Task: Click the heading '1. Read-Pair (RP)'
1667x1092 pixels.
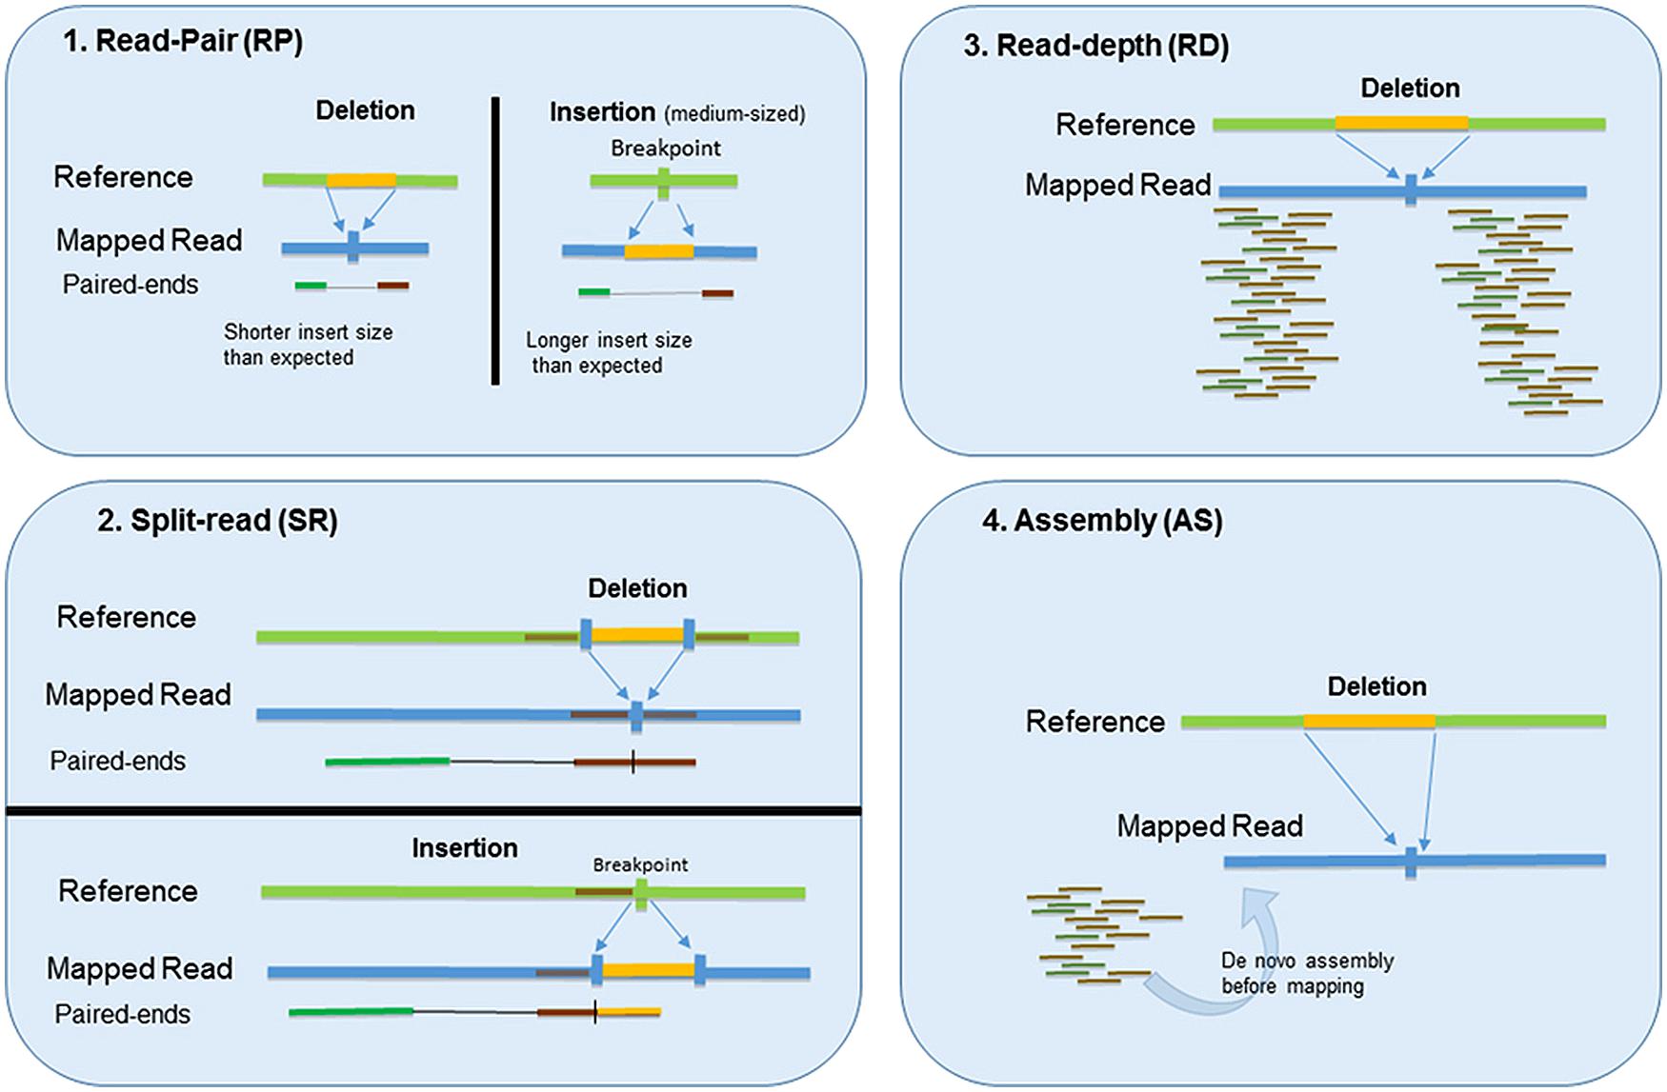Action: (183, 42)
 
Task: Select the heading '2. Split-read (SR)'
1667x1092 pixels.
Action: (217, 521)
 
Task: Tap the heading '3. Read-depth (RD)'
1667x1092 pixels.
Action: (1095, 46)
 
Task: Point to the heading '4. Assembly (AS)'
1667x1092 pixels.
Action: (1102, 521)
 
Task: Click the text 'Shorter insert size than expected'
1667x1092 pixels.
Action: (308, 345)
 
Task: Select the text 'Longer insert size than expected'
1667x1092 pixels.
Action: (609, 353)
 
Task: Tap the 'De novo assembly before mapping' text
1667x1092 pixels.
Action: (1307, 973)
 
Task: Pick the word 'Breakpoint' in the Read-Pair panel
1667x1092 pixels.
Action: (666, 149)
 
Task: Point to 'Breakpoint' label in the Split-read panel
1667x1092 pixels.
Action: (640, 864)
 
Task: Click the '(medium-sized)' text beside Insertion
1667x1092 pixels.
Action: (735, 114)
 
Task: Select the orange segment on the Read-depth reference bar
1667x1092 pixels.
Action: (1401, 124)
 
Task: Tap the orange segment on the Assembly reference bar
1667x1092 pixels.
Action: (1369, 722)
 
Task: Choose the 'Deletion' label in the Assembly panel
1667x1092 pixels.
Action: (1376, 686)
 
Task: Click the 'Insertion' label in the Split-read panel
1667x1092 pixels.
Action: (465, 848)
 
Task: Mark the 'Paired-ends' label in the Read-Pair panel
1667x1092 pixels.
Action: (131, 285)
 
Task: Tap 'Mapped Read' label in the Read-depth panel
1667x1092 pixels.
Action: (1117, 185)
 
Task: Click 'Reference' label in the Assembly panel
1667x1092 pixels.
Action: (1095, 722)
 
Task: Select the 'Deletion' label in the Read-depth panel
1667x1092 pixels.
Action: (1410, 89)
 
